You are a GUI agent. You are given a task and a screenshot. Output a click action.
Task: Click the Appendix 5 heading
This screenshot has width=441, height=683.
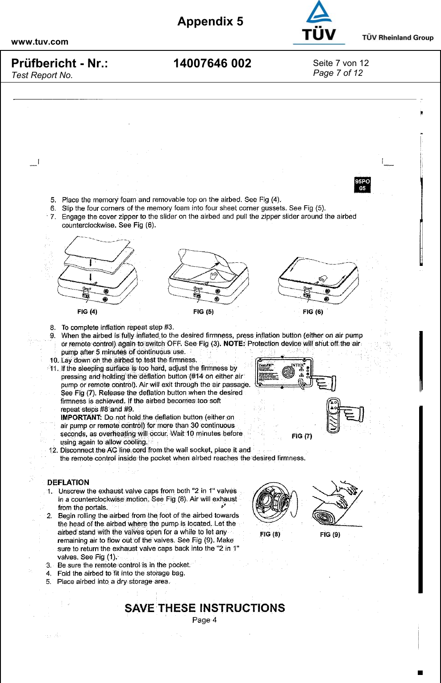tap(210, 21)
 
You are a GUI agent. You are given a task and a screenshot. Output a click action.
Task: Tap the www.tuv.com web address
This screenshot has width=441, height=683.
tap(40, 42)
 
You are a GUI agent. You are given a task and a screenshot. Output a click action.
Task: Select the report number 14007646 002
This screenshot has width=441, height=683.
tap(212, 63)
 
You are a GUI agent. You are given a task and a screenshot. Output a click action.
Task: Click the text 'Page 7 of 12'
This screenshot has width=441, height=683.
tap(338, 73)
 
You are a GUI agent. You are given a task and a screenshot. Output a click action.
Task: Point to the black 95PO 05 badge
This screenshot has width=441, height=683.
tap(362, 185)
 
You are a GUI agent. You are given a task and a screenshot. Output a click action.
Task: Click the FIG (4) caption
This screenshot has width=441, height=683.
tap(87, 311)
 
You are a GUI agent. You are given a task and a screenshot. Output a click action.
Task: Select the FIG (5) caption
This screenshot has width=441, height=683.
tap(203, 311)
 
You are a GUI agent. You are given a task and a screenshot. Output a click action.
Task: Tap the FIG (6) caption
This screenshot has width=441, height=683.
tap(312, 311)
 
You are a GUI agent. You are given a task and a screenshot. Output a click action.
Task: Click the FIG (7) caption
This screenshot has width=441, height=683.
tap(302, 436)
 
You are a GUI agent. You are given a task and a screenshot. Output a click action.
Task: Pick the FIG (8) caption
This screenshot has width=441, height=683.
tap(270, 534)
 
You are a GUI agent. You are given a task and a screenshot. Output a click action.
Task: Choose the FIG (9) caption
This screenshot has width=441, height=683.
tap(330, 534)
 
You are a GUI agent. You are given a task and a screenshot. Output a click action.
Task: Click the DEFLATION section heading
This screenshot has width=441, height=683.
tap(68, 482)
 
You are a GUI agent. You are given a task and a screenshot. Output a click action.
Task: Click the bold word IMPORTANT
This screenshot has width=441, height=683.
tap(81, 418)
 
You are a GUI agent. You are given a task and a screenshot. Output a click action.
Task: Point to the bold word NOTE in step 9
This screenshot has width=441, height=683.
tap(234, 344)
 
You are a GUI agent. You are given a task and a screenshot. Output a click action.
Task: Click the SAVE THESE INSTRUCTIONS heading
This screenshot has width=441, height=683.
tap(204, 608)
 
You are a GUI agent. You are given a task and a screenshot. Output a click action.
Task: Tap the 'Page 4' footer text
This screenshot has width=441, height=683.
tap(204, 620)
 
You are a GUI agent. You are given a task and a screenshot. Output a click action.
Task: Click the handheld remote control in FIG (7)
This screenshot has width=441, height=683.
tap(333, 415)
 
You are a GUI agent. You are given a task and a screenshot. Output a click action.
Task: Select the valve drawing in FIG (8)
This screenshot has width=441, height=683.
tap(272, 503)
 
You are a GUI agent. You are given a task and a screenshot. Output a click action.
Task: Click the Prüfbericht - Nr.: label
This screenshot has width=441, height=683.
tap(59, 63)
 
